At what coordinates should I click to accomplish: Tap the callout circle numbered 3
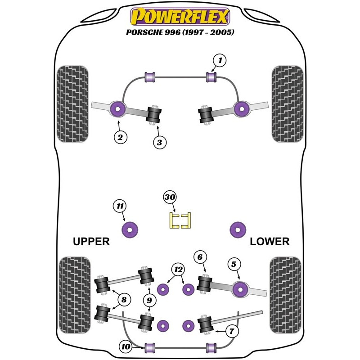click(159, 143)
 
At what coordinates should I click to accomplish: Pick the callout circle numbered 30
click(170, 197)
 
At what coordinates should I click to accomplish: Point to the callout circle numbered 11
click(119, 206)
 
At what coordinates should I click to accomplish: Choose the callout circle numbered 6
click(201, 257)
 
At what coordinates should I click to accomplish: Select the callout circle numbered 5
click(234, 265)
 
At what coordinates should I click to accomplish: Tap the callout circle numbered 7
click(231, 332)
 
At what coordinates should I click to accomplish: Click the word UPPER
click(91, 242)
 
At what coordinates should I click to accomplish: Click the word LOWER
click(270, 242)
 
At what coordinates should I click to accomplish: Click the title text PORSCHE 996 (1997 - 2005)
click(180, 33)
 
